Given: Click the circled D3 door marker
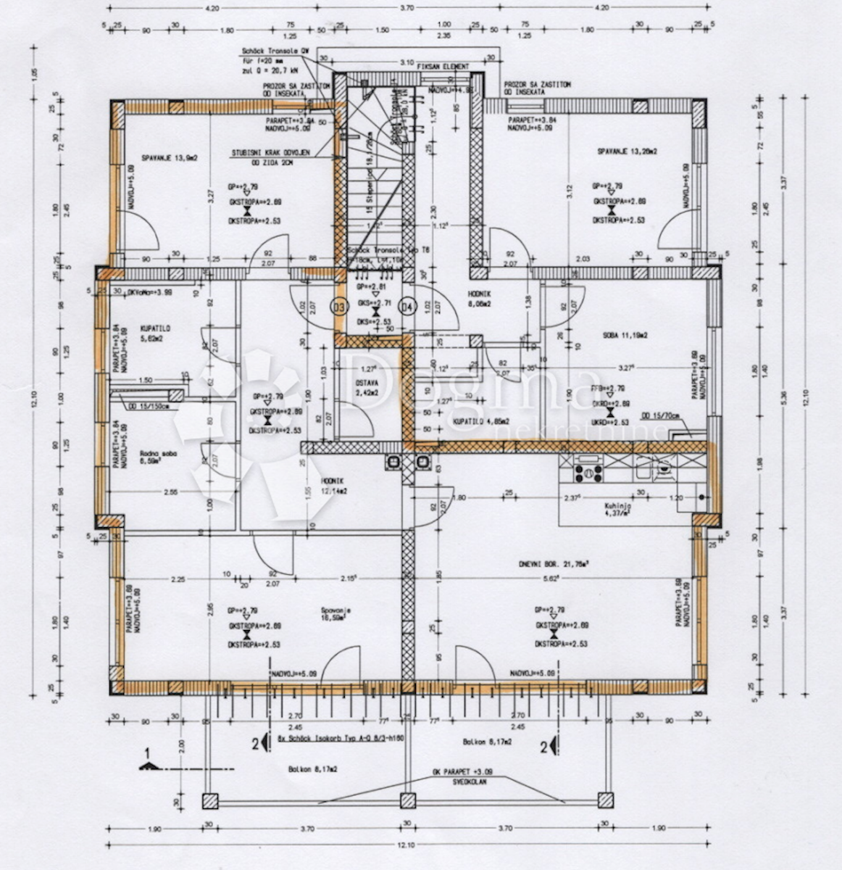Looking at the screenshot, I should point(339,306).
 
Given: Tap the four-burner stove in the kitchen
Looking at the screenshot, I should point(588,473).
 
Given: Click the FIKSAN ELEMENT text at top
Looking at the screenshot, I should point(443,67).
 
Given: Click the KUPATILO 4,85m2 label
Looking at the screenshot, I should point(481,420).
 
